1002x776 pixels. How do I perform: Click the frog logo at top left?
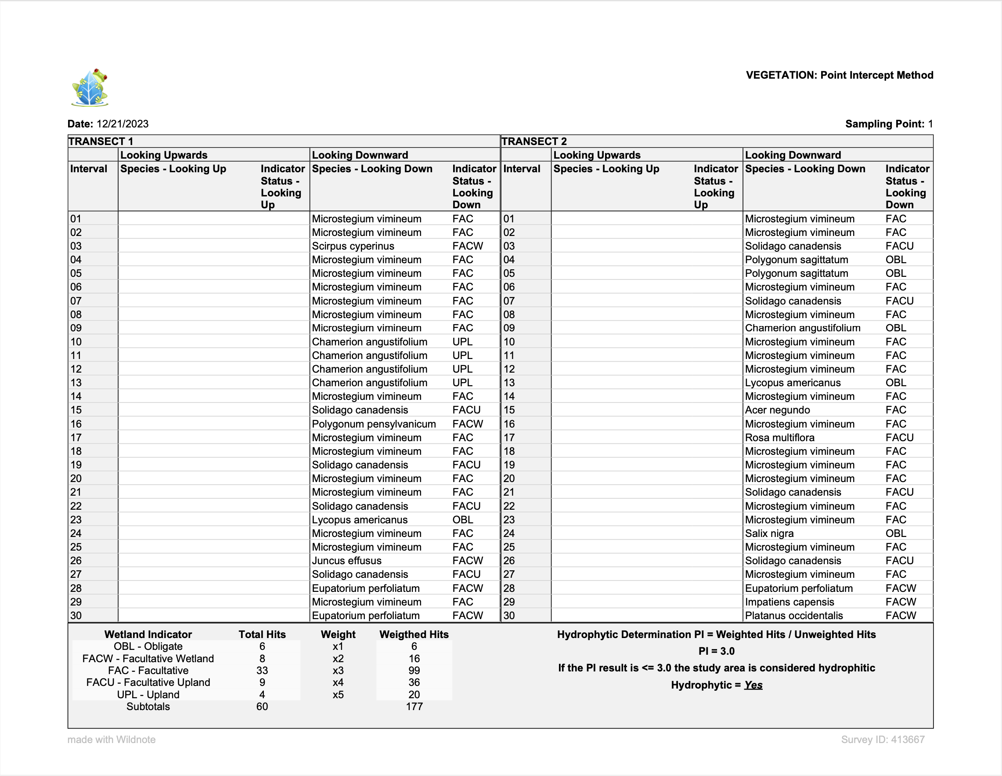[90, 87]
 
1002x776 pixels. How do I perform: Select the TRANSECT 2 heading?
[534, 141]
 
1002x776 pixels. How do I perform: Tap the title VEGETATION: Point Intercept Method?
[839, 75]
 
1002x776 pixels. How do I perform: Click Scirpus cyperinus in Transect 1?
[353, 246]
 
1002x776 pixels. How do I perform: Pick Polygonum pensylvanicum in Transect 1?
[374, 424]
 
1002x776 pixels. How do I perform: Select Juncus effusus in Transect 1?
[346, 561]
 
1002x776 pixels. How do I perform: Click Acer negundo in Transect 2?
[777, 410]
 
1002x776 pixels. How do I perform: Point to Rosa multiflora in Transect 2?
[779, 438]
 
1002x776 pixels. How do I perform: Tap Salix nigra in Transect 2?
[769, 533]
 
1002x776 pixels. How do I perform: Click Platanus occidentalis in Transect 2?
[794, 616]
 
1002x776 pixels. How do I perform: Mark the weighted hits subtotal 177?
[414, 707]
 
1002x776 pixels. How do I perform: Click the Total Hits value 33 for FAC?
[262, 671]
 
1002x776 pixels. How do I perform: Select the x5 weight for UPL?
[338, 695]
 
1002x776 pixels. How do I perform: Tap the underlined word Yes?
[753, 685]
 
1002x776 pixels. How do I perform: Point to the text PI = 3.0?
[716, 651]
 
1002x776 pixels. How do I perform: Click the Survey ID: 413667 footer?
[882, 740]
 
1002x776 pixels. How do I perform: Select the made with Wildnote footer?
[112, 740]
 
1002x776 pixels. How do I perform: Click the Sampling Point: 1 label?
[889, 124]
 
